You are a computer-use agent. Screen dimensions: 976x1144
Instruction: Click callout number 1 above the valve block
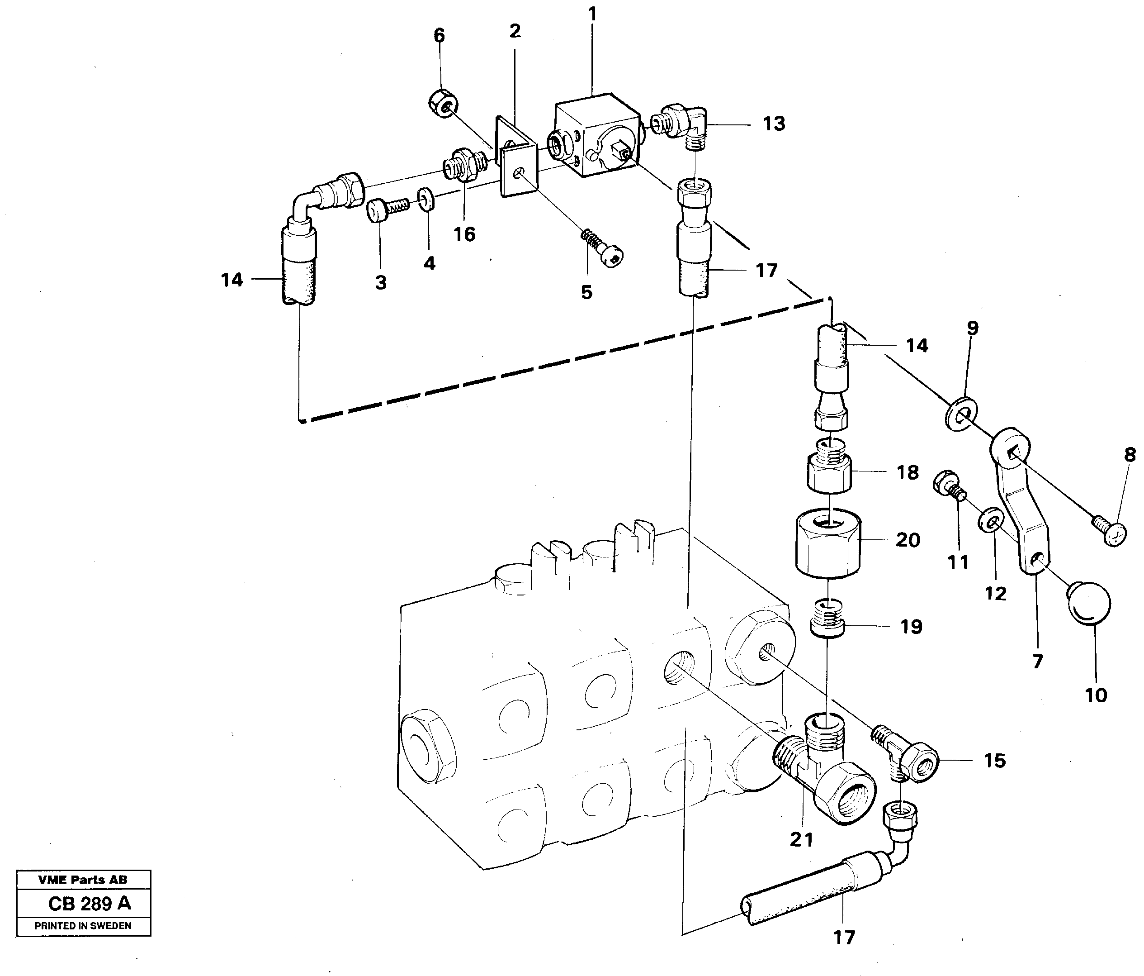[x=593, y=15]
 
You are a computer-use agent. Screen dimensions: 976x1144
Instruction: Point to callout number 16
[x=464, y=234]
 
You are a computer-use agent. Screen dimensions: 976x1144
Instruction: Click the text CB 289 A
[x=90, y=904]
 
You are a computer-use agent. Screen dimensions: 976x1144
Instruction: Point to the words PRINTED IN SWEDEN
[x=83, y=926]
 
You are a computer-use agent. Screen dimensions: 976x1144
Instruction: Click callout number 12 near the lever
[x=996, y=594]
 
